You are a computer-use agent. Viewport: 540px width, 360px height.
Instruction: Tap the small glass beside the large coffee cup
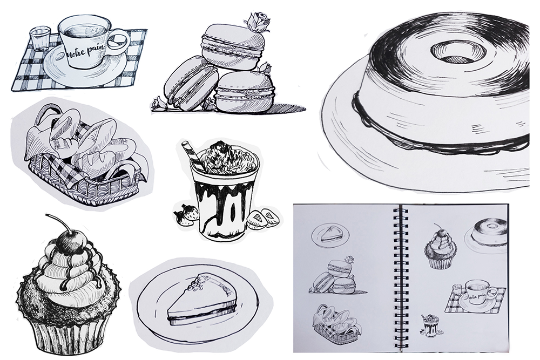(40, 39)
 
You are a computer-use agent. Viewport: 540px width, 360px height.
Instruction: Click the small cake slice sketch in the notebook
(330, 235)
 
